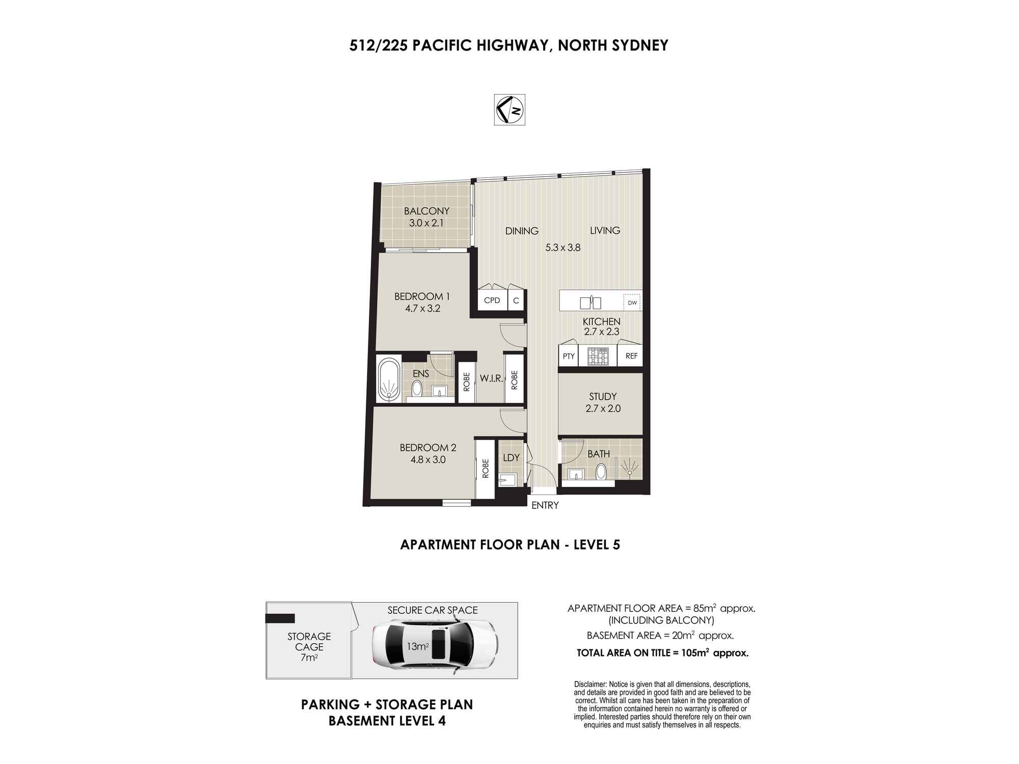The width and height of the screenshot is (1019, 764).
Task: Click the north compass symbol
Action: tap(509, 110)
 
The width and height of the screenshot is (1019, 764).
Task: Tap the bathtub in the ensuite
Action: tap(389, 379)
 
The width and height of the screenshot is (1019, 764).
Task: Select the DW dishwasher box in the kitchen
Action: tap(632, 303)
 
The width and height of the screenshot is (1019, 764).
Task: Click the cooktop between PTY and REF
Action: tap(598, 357)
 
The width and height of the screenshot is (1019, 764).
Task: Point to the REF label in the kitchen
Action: tap(631, 356)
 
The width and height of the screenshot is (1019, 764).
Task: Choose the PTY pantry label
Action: tap(569, 356)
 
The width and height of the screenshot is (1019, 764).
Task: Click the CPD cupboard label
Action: tap(492, 301)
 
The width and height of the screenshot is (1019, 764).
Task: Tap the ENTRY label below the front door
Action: tap(545, 505)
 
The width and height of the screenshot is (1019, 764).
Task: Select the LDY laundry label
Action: tap(511, 457)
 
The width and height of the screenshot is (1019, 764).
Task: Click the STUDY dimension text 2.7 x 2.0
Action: tap(603, 408)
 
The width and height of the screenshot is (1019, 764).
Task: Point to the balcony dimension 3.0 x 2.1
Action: tap(426, 223)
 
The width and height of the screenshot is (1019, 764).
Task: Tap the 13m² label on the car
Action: tap(417, 647)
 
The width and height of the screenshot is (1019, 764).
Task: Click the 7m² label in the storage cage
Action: tap(309, 658)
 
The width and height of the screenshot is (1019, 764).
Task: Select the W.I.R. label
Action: tap(491, 378)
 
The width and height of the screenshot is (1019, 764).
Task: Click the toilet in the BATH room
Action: tap(602, 471)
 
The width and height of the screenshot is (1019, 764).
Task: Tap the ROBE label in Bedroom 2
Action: tap(486, 469)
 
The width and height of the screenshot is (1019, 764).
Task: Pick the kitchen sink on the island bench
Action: tap(591, 303)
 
